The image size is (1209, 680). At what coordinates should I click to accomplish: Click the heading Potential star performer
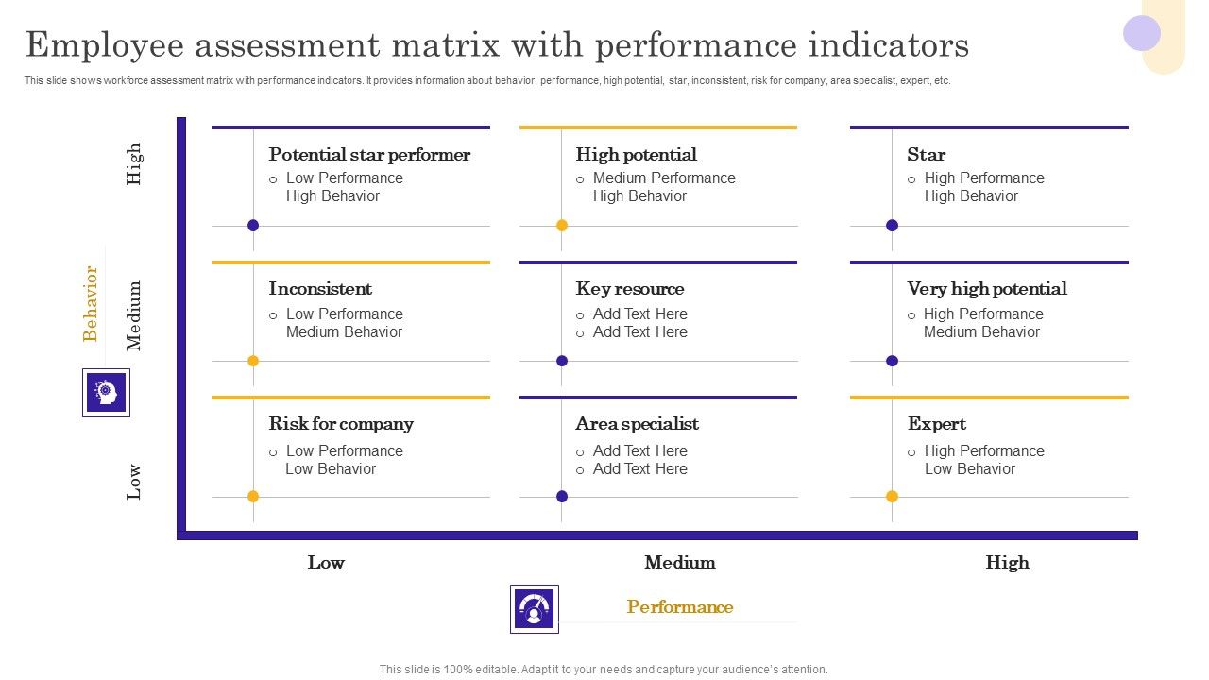tap(369, 155)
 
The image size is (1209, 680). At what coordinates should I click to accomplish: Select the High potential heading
tap(636, 155)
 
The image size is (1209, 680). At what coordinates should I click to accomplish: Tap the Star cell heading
tap(926, 155)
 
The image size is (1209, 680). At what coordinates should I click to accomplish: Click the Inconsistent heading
tap(320, 289)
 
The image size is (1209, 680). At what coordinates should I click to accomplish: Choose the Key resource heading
tap(629, 289)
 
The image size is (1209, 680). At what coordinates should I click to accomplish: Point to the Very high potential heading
tap(987, 289)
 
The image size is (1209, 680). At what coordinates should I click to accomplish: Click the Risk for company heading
tap(341, 424)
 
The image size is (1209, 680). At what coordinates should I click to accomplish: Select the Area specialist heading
tap(637, 424)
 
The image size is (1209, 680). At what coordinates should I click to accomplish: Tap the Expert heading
tap(936, 424)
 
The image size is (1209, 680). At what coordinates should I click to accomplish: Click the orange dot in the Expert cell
tap(892, 496)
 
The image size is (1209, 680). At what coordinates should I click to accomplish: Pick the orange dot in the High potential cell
tap(562, 225)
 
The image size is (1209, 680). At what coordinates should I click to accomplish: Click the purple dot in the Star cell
tap(892, 225)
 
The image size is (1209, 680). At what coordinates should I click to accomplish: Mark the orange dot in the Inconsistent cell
tap(253, 361)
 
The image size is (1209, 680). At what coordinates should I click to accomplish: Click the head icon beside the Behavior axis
tap(106, 392)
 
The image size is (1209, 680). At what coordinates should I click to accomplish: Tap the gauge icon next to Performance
tap(534, 608)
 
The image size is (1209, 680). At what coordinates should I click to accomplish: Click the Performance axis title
tap(680, 607)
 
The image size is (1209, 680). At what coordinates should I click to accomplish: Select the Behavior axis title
tap(91, 303)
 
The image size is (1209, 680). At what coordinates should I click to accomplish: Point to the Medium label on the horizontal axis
tap(680, 563)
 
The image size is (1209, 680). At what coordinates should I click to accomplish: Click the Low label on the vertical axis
tap(134, 481)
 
